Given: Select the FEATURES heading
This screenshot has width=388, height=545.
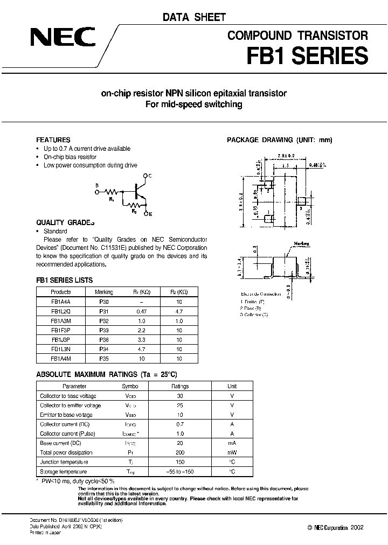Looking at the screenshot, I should click(53, 139).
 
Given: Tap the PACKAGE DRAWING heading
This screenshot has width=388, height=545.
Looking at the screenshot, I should click(279, 140).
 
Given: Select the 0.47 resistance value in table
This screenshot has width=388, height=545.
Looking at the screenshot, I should click(141, 312).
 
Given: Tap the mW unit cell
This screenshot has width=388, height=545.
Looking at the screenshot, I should click(232, 452).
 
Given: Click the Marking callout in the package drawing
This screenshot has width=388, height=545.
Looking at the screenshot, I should click(302, 243).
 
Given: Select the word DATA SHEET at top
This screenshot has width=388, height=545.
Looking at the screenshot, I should click(194, 18).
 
